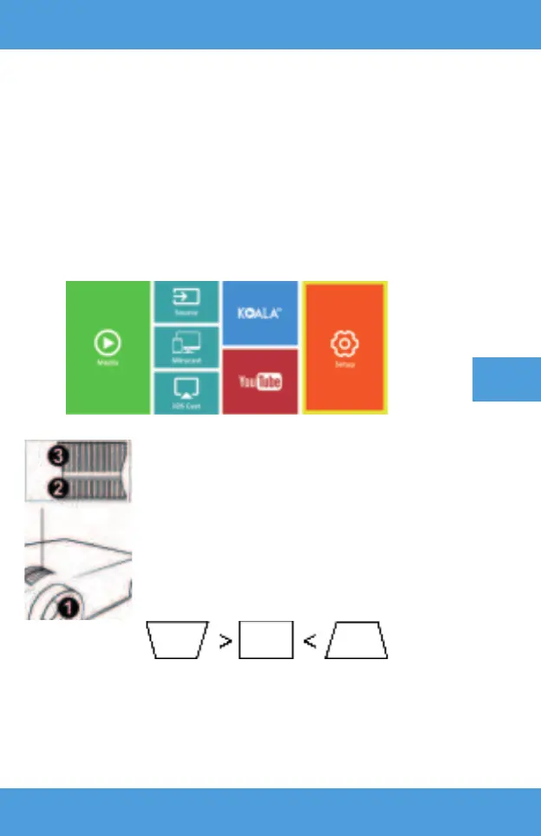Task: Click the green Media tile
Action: tap(108, 347)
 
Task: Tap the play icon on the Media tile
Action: tap(108, 343)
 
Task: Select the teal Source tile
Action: tap(186, 303)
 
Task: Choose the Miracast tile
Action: tap(186, 348)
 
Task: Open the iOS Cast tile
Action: tap(186, 393)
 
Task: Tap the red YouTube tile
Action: tap(260, 382)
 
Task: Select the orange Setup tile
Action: tap(345, 347)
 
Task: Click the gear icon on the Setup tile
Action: tap(345, 343)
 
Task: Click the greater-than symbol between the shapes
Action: tap(225, 643)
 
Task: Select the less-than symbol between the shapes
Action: tap(309, 643)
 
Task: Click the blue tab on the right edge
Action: tap(506, 379)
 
